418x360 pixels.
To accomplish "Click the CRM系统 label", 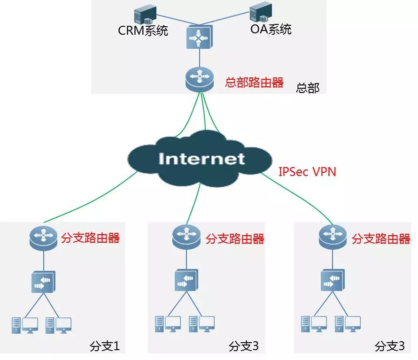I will coord(143,31).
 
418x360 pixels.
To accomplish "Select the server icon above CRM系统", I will coord(144,14).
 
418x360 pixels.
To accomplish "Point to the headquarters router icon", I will coord(199,78).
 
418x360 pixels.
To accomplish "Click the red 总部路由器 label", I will coord(254,83).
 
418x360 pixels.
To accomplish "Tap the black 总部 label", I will coord(308,88).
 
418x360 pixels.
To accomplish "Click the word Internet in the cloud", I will coord(202,158).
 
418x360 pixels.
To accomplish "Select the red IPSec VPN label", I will coord(307,172).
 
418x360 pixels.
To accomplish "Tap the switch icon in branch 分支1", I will coord(43,281).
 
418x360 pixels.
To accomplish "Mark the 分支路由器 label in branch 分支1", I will coord(91,237).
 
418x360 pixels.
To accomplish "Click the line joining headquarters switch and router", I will coord(199,58).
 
